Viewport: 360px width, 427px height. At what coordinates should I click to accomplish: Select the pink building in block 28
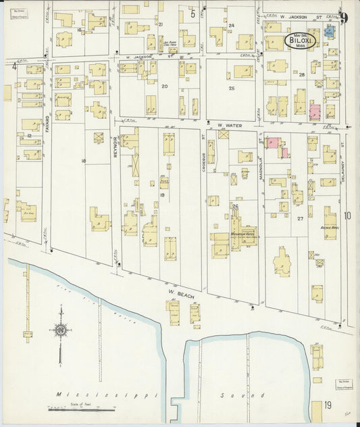pos(315,111)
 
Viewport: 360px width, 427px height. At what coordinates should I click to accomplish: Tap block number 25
pos(231,89)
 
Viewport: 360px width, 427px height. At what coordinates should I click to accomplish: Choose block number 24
pos(230,25)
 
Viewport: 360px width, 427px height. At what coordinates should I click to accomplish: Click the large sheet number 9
pos(344,18)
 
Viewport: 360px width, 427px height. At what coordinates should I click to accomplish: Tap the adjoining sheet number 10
pos(347,216)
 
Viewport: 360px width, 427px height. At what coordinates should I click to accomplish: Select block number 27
pos(300,218)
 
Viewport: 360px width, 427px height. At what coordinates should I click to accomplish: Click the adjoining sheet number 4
pos(14,66)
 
